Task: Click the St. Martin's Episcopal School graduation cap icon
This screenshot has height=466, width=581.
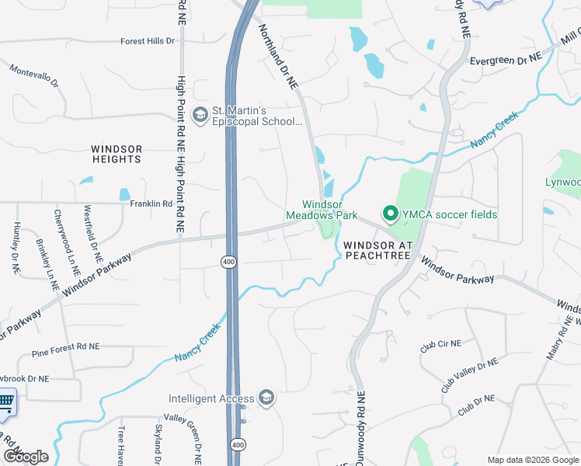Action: coord(200,115)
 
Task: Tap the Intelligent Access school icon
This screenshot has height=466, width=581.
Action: coord(266,399)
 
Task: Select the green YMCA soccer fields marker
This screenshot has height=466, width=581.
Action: coord(389,212)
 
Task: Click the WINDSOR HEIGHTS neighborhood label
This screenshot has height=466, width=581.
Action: coord(117,154)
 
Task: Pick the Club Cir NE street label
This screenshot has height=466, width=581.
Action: coord(440,344)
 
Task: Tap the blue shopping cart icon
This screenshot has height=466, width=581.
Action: coord(5,401)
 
